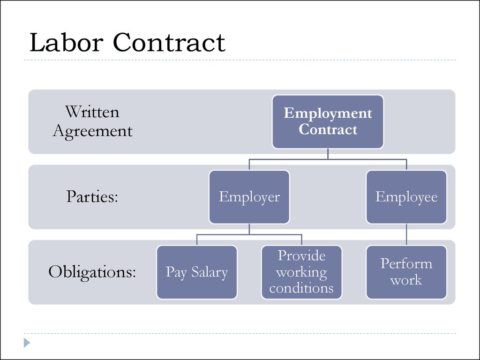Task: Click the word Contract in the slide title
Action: (x=169, y=42)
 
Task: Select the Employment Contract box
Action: (x=328, y=122)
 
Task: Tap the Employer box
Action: (x=249, y=197)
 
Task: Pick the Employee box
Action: (x=406, y=197)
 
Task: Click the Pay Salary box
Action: (x=197, y=272)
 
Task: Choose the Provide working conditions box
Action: (x=301, y=272)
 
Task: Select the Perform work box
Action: (x=406, y=272)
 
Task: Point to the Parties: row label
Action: (x=92, y=196)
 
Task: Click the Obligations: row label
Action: (x=92, y=272)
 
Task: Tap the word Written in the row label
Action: (x=92, y=112)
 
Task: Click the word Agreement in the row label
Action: (x=92, y=132)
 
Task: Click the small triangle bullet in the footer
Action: (x=27, y=343)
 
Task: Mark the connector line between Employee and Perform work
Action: (x=406, y=234)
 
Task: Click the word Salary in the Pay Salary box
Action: (x=210, y=272)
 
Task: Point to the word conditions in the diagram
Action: (x=301, y=288)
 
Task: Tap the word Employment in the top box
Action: (x=328, y=113)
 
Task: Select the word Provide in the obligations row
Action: (x=301, y=255)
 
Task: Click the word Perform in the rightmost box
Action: (x=406, y=263)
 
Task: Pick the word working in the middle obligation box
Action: (x=301, y=272)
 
